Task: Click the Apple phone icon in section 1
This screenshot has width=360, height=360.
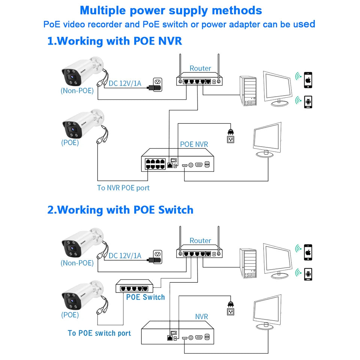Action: click(308, 80)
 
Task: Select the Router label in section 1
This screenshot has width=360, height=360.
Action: click(200, 68)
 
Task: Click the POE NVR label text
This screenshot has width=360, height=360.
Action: click(194, 144)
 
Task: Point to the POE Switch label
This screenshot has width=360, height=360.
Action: click(145, 297)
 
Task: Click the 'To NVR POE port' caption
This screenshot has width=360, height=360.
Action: click(123, 188)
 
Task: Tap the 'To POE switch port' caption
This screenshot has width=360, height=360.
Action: click(99, 333)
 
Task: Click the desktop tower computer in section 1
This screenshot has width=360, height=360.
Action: click(248, 91)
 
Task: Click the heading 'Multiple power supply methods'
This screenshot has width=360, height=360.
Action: click(171, 10)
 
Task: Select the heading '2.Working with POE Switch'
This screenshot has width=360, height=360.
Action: click(120, 210)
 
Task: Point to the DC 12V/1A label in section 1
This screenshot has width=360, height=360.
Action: click(125, 83)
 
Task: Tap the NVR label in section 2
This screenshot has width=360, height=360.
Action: click(201, 317)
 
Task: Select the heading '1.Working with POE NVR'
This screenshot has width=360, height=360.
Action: click(114, 41)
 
